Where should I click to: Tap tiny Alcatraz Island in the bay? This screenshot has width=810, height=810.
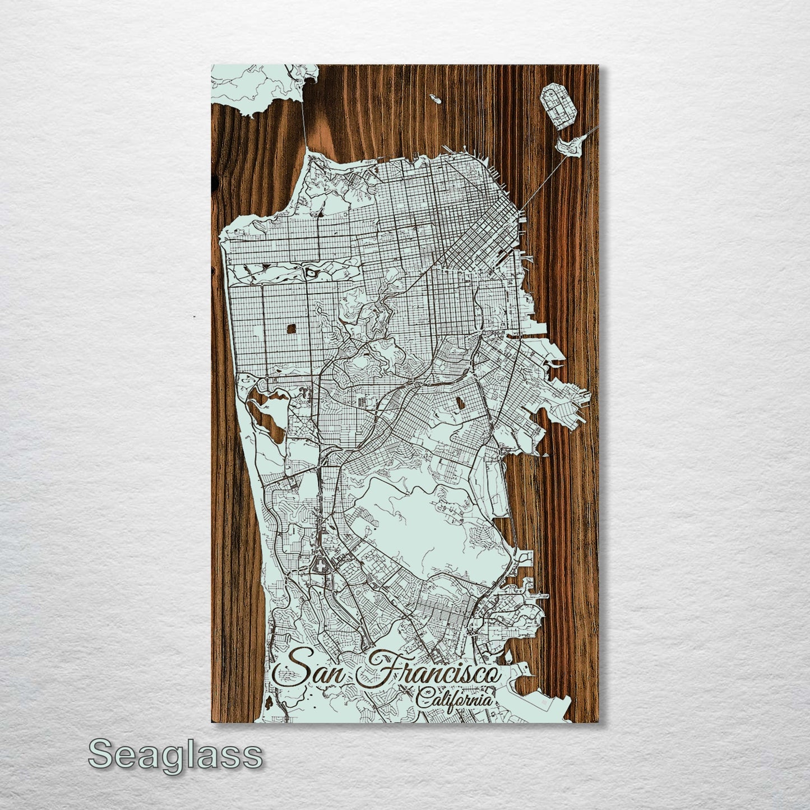(436, 99)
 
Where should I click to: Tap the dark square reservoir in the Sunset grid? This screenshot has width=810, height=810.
(291, 328)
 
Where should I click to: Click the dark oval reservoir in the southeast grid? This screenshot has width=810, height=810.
(460, 402)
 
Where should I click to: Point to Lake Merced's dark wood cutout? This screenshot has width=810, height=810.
(263, 418)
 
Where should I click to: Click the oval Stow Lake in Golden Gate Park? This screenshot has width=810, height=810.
(310, 273)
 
